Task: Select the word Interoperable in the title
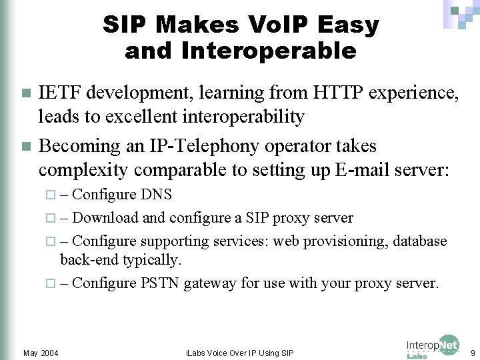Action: click(241, 51)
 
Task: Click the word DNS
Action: click(157, 195)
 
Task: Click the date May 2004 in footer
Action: click(40, 352)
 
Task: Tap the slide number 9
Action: click(472, 351)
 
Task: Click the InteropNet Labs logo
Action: click(433, 347)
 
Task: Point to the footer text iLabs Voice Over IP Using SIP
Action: click(239, 352)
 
